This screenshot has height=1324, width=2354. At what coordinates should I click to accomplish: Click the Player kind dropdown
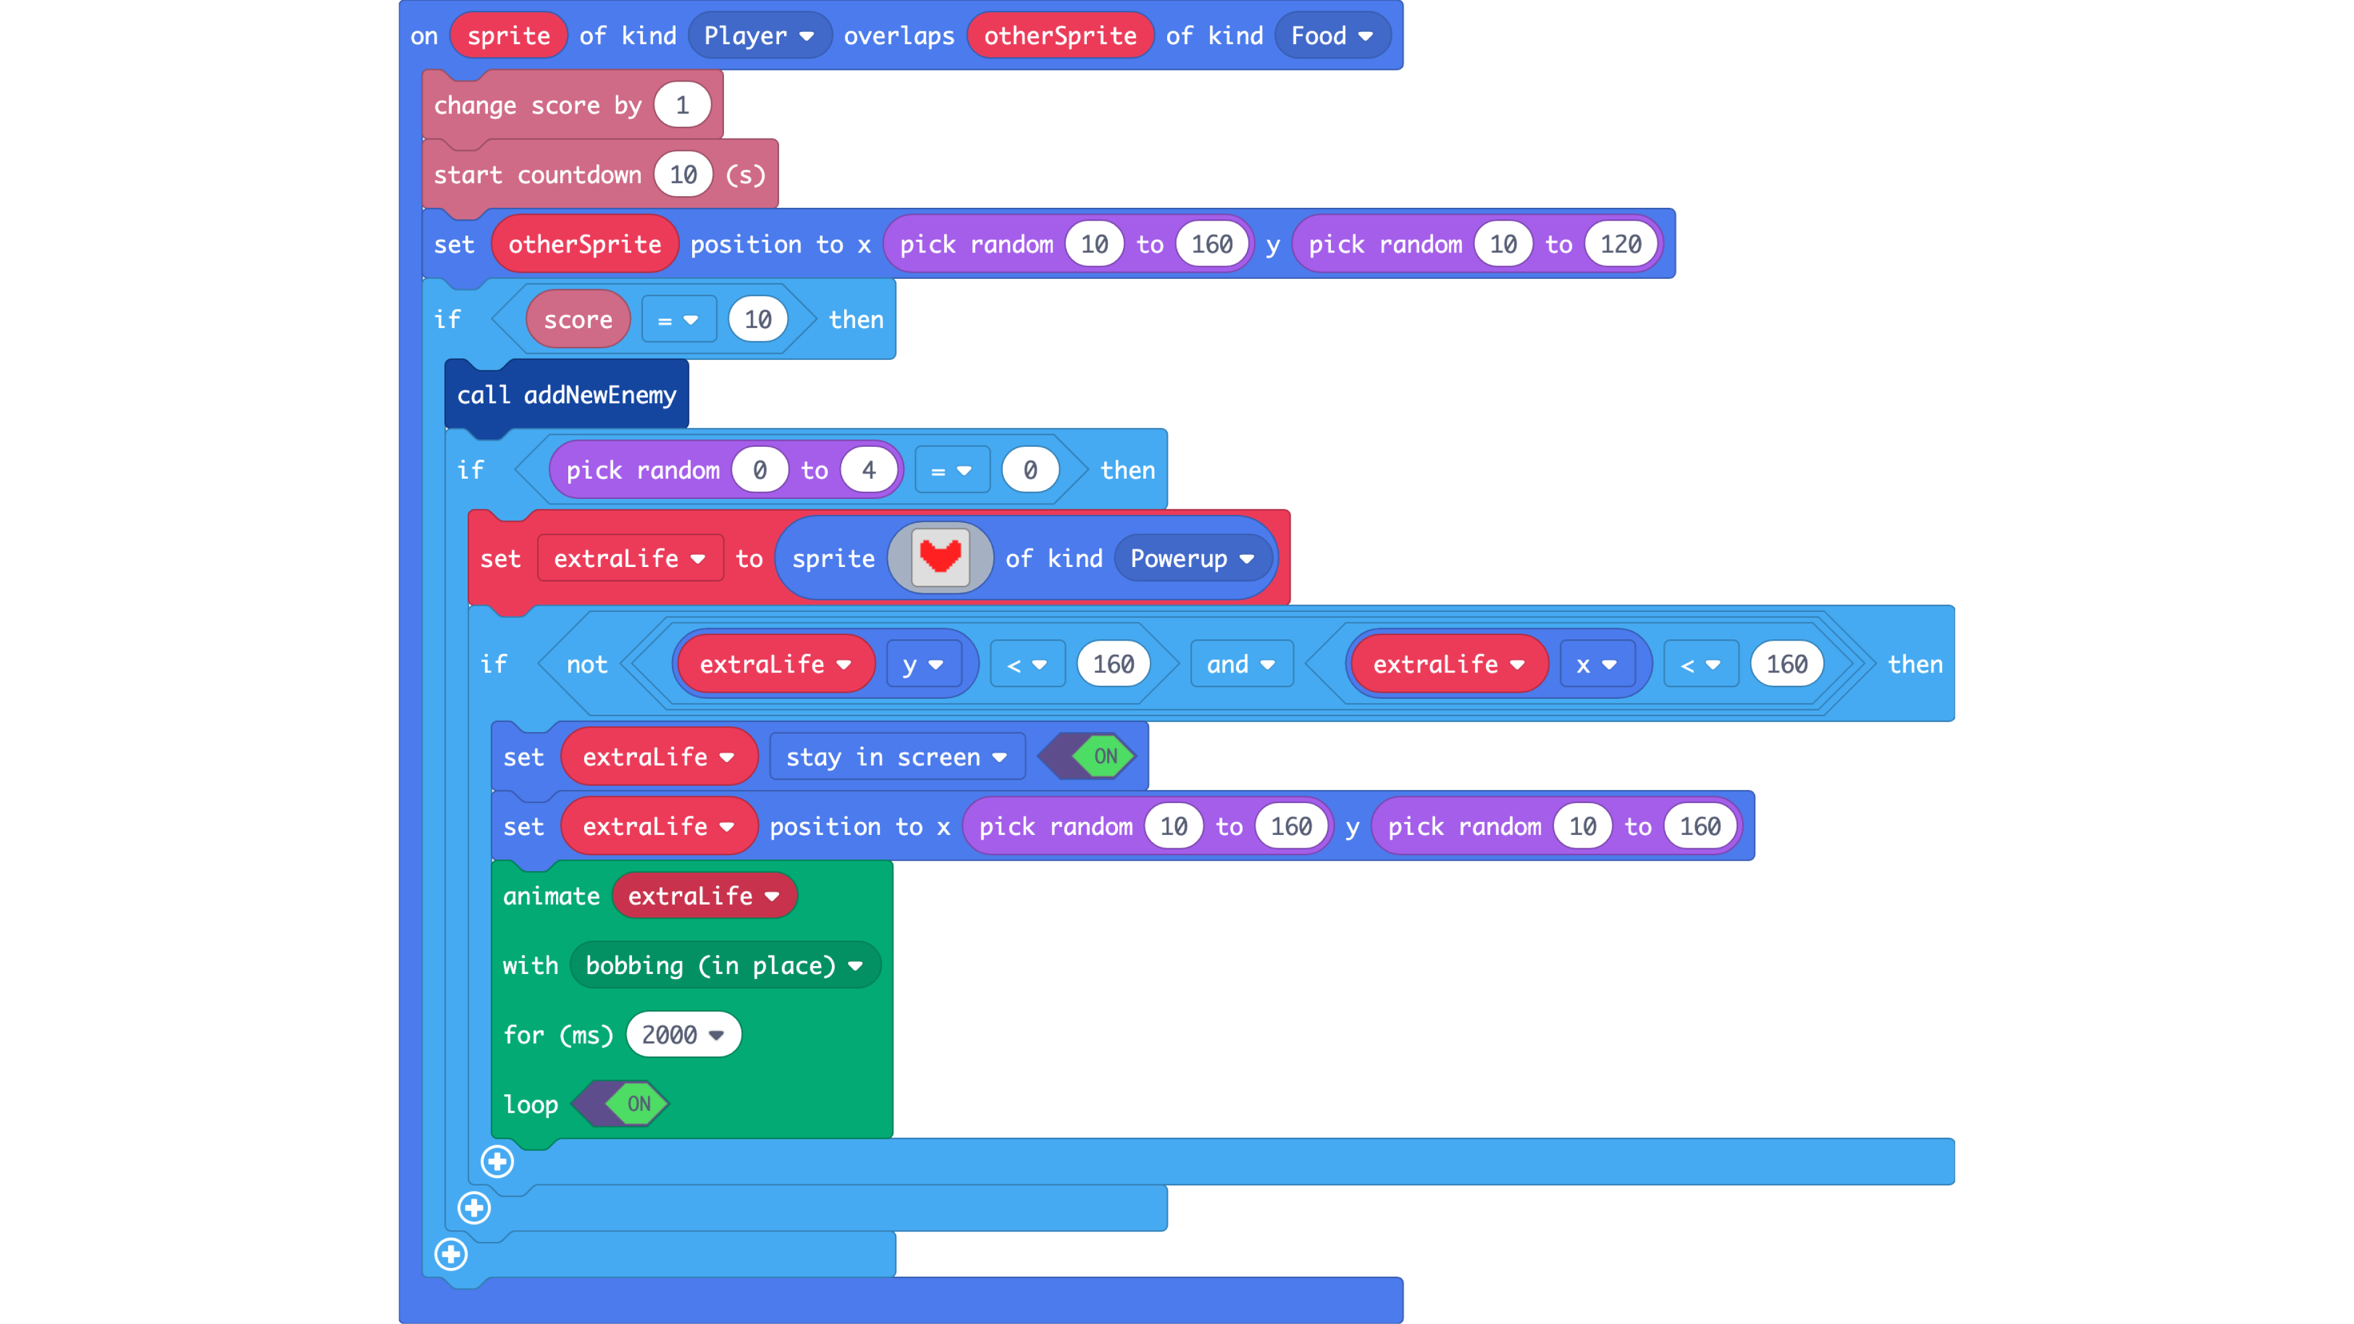[x=758, y=36]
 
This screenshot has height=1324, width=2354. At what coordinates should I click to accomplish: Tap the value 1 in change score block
[x=682, y=105]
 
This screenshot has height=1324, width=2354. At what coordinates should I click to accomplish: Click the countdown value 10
[x=683, y=175]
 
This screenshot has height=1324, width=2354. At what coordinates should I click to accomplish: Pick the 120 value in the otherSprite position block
[x=1620, y=244]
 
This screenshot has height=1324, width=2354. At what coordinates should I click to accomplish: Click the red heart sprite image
[x=939, y=557]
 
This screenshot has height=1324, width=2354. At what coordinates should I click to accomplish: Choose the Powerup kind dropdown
[x=1190, y=558]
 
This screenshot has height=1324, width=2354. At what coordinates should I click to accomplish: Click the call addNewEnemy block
[x=566, y=395]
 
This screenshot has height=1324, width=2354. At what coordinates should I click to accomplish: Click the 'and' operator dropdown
[x=1240, y=664]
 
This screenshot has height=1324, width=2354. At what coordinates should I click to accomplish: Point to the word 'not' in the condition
[x=587, y=664]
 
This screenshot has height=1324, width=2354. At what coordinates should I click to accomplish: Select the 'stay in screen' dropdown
[x=896, y=756]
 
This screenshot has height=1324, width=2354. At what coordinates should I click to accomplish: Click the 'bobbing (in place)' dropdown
[x=724, y=965]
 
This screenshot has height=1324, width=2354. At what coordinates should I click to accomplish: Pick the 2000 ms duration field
[x=682, y=1034]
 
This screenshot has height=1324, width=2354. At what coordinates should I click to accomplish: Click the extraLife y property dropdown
[x=922, y=664]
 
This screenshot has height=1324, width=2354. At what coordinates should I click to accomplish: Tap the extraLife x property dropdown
[x=1596, y=664]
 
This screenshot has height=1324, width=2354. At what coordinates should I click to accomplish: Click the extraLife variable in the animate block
[x=703, y=896]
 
